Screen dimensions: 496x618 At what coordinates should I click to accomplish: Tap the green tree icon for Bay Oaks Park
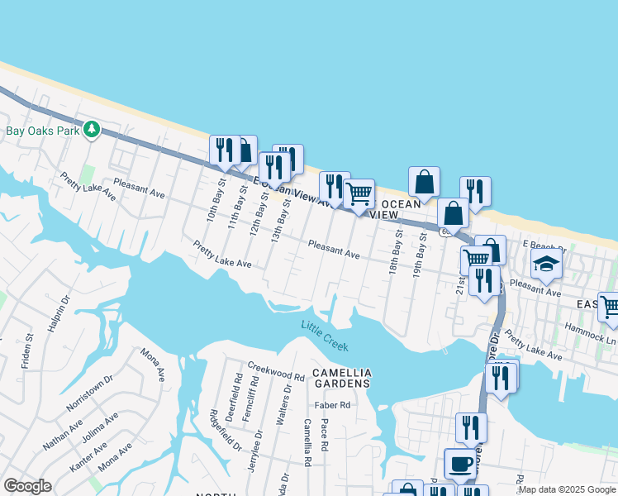pos(92,130)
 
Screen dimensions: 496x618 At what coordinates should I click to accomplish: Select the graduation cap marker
pos(546,264)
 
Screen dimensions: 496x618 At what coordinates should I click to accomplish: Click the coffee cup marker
pos(460,464)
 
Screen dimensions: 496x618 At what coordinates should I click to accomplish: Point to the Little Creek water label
pos(325,336)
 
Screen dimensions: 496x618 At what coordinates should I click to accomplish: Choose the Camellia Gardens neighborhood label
pos(341,379)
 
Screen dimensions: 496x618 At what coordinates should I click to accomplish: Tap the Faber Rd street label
pos(332,405)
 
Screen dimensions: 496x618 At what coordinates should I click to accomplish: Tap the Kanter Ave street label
pos(88,456)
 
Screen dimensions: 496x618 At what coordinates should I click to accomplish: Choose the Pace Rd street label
pos(325,436)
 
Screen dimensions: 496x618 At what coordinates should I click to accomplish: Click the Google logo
pos(27,486)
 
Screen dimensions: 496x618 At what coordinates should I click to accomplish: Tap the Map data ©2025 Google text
pos(567,489)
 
